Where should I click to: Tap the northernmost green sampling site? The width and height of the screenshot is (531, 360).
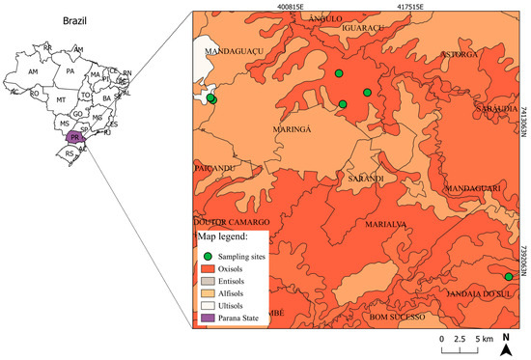point(339,73)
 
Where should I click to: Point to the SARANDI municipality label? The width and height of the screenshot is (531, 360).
point(366,179)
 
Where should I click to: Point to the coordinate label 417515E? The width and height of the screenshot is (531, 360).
point(416,6)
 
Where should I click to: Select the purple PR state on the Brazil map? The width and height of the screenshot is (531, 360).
point(73,137)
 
